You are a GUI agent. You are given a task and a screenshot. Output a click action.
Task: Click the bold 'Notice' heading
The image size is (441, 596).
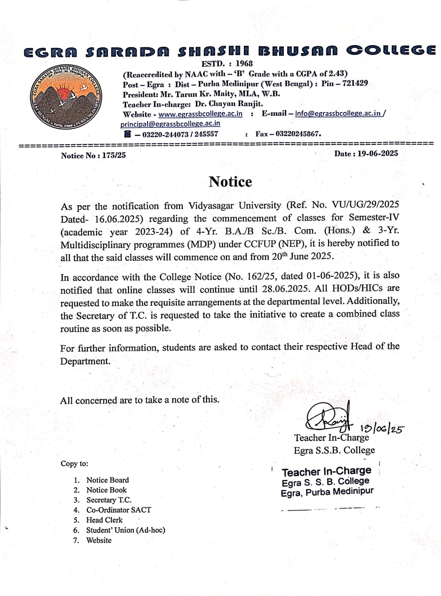click(230, 182)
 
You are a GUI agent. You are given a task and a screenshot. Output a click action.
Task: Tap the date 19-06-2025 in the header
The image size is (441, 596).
click(377, 153)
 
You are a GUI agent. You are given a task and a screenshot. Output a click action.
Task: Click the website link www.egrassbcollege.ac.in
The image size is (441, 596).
click(200, 114)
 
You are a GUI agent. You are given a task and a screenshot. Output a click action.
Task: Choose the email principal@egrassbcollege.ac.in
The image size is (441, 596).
click(170, 124)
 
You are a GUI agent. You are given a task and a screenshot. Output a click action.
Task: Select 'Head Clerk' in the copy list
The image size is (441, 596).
click(104, 520)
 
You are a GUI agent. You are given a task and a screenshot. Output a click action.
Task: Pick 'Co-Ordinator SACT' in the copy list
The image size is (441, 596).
click(119, 510)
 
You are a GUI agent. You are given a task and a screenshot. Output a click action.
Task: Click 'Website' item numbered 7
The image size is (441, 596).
click(99, 540)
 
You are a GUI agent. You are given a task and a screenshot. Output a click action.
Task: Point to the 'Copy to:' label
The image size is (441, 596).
click(75, 464)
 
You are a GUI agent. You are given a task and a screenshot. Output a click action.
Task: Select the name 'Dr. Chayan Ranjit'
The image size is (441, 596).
click(229, 104)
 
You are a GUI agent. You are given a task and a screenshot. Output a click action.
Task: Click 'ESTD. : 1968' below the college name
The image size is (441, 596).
click(227, 64)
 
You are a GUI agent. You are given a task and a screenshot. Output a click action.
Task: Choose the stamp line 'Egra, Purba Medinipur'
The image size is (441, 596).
click(327, 492)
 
